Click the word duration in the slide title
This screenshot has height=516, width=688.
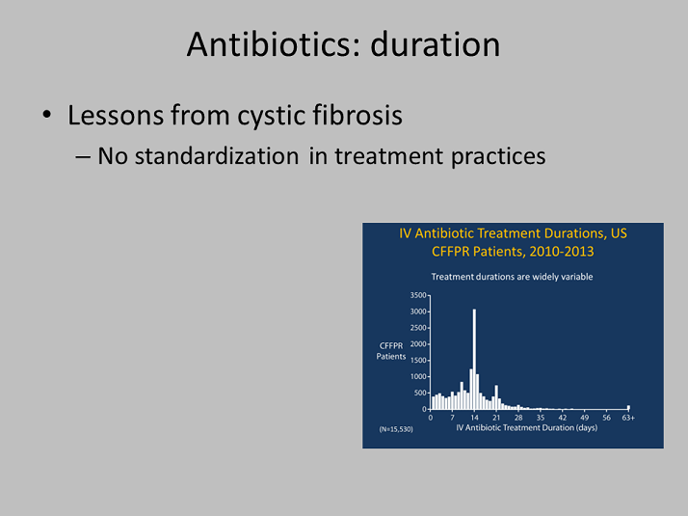(x=436, y=44)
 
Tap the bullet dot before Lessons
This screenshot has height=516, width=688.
(x=47, y=115)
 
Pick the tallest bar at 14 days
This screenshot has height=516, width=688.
(x=474, y=359)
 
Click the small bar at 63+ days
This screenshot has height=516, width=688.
(x=628, y=407)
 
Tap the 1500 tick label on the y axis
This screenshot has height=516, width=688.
(x=418, y=360)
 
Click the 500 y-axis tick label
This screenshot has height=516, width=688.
(x=420, y=393)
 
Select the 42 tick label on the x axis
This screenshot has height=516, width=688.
(x=563, y=418)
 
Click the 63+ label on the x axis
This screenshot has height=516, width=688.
(x=628, y=418)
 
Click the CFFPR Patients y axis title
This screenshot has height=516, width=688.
(x=391, y=351)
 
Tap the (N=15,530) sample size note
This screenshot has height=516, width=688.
(x=396, y=429)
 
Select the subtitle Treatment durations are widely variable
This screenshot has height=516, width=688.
(x=512, y=277)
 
